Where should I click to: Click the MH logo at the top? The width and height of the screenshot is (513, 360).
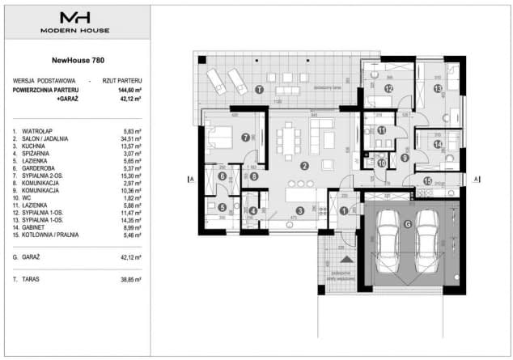click(x=77, y=17)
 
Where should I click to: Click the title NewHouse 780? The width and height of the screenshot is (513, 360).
click(x=77, y=60)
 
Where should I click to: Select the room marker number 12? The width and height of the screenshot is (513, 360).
click(x=388, y=88)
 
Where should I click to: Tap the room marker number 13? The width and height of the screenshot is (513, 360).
click(x=437, y=89)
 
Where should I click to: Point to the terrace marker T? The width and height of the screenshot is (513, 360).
click(x=259, y=89)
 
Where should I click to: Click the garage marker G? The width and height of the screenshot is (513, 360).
click(x=408, y=224)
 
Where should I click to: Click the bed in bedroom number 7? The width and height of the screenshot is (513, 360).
click(x=218, y=133)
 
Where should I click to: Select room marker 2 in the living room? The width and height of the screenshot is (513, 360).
click(x=304, y=166)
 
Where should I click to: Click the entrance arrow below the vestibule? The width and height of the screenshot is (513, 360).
click(x=346, y=260)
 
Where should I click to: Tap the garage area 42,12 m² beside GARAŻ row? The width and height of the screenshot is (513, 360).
click(x=129, y=256)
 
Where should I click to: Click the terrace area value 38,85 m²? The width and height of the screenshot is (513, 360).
click(x=129, y=278)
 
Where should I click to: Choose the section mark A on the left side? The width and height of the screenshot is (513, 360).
click(x=190, y=180)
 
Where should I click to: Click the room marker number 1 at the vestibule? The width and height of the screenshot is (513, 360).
click(x=344, y=212)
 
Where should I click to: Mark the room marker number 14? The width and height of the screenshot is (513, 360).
click(x=437, y=145)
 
